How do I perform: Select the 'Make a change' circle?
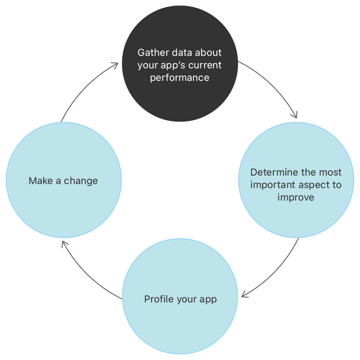click(63, 205)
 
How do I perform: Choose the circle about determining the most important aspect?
click(296, 214)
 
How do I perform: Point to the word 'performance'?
click(179, 78)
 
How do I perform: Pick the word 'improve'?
click(296, 197)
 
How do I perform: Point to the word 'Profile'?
click(158, 299)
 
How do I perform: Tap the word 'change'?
click(81, 181)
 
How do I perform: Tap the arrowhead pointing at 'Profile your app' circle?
click(244, 295)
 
